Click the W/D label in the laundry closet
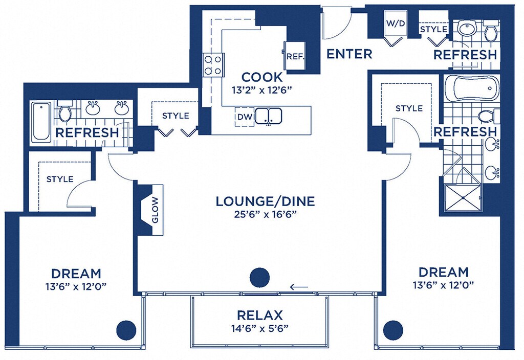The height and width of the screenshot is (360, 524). pyautogui.click(x=396, y=24)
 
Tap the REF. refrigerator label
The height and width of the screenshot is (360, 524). pyautogui.click(x=295, y=56)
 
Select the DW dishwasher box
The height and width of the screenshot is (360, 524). pyautogui.click(x=245, y=117)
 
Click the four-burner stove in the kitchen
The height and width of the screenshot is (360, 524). pyautogui.click(x=213, y=65)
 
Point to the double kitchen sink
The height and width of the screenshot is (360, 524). pyautogui.click(x=269, y=116)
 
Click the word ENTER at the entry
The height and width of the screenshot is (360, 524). pyautogui.click(x=349, y=54)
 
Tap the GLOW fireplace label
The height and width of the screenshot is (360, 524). pyautogui.click(x=156, y=210)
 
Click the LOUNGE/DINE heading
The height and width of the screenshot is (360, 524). pyautogui.click(x=266, y=201)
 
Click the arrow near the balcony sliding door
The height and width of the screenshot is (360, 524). pyautogui.click(x=299, y=286)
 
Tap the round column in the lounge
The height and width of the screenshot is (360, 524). pyautogui.click(x=259, y=277)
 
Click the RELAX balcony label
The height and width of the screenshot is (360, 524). pyautogui.click(x=259, y=315)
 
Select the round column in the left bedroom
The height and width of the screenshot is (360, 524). pyautogui.click(x=127, y=330)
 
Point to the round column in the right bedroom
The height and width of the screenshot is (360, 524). pyautogui.click(x=393, y=330)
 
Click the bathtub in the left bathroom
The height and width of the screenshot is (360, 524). pyautogui.click(x=41, y=122)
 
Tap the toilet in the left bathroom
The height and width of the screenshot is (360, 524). pyautogui.click(x=64, y=110)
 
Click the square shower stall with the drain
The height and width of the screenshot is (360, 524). pyautogui.click(x=463, y=197)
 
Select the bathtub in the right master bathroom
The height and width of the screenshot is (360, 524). pyautogui.click(x=471, y=88)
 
